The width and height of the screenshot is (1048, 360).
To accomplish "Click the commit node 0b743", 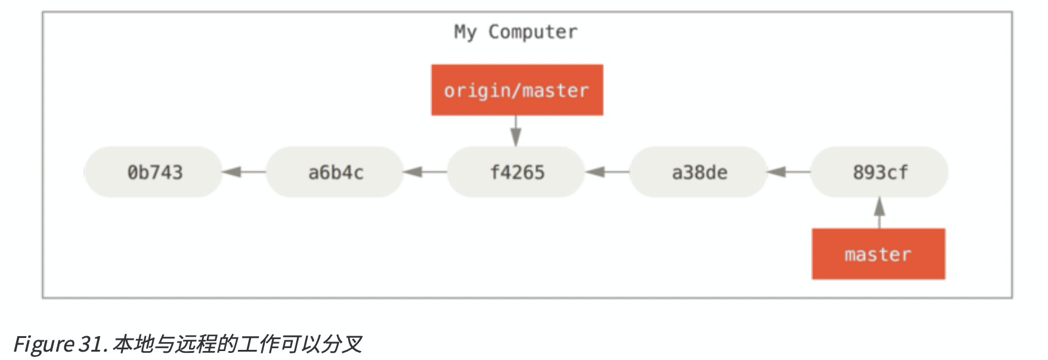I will pyautogui.click(x=154, y=172).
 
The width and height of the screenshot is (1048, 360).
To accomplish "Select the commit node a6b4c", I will pyautogui.click(x=335, y=172).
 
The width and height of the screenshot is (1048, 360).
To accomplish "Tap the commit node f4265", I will pyautogui.click(x=516, y=172).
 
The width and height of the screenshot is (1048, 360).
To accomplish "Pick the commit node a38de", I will pyautogui.click(x=699, y=172).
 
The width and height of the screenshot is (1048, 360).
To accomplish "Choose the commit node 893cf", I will pyautogui.click(x=880, y=172).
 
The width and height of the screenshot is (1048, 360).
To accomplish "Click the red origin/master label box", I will pyautogui.click(x=517, y=90).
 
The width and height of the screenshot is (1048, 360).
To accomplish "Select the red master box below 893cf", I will pyautogui.click(x=878, y=254).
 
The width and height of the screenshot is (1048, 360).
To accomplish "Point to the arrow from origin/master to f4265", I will pyautogui.click(x=516, y=131).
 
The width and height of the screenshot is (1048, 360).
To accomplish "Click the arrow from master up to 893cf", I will pyautogui.click(x=879, y=213).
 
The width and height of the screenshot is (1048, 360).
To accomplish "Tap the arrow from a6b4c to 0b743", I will pyautogui.click(x=244, y=172).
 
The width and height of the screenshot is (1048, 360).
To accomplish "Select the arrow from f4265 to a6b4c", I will pyautogui.click(x=425, y=172).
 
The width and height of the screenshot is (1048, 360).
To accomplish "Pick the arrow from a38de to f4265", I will pyautogui.click(x=607, y=172).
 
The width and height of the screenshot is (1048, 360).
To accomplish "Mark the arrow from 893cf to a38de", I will pyautogui.click(x=788, y=172).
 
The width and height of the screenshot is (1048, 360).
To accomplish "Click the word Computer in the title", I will pyautogui.click(x=533, y=32).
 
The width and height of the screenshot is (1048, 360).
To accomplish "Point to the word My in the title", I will pyautogui.click(x=465, y=32).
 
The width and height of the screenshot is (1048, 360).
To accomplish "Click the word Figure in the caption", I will pyautogui.click(x=43, y=345).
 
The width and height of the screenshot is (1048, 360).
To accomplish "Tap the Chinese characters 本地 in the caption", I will pyautogui.click(x=132, y=345).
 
